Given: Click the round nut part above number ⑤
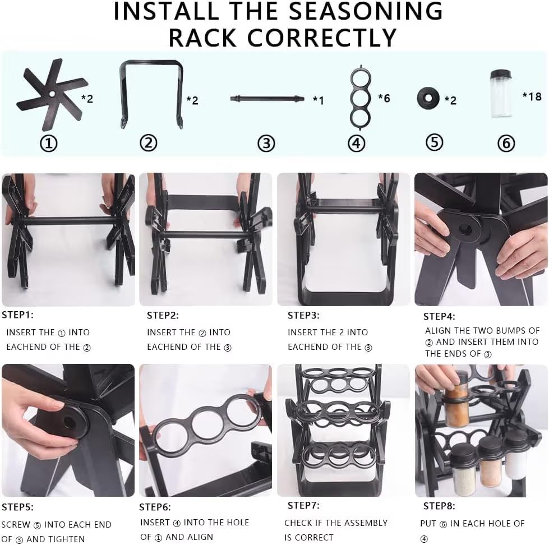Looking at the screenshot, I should tap(428, 98).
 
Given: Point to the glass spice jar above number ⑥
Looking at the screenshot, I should tap(501, 94).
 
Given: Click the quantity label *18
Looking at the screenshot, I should tap(531, 96).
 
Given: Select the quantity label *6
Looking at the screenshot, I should tap(384, 99).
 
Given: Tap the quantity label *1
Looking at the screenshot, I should tap(318, 100).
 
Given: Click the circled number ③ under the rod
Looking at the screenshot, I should tap(266, 143).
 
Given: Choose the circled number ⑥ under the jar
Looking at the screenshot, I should tap(505, 144).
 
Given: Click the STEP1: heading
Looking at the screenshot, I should tap(17, 315).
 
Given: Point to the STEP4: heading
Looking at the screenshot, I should tap(439, 316).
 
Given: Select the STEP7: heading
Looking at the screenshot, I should tap(303, 505).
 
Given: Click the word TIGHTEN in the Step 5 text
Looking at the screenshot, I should tap(66, 539).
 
